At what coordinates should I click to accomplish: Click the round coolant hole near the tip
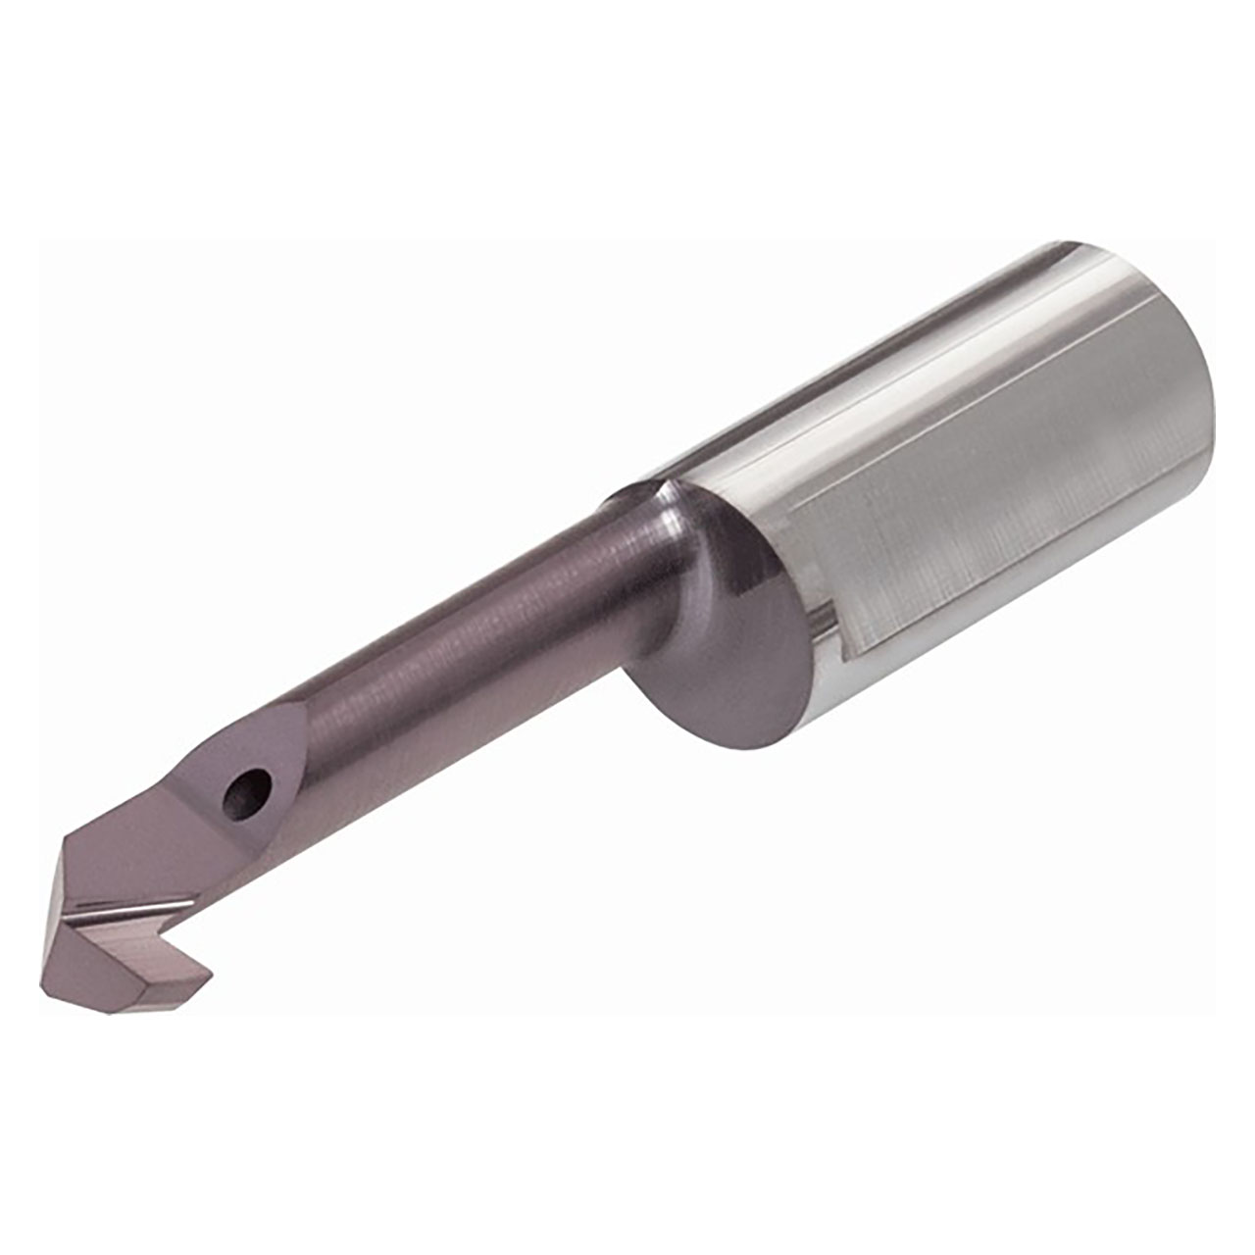246,790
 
